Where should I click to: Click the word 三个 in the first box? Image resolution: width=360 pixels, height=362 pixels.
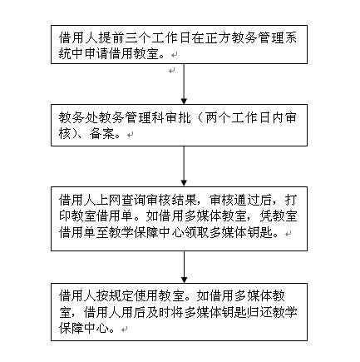[x=138, y=38]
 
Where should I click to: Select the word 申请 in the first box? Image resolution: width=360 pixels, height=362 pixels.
[x=98, y=54]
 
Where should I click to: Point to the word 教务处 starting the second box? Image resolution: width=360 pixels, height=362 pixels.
[x=78, y=118]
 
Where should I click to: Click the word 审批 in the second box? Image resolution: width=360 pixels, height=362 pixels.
[x=178, y=118]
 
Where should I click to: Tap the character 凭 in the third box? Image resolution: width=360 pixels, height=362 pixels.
[x=266, y=216]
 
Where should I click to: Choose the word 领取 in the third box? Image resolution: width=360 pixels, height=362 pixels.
[x=197, y=233]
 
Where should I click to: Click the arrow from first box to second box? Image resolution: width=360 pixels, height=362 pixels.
[x=184, y=84]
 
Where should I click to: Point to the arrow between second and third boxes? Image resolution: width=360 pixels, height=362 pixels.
[x=184, y=166]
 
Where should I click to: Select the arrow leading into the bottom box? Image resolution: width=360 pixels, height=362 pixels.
[x=184, y=267]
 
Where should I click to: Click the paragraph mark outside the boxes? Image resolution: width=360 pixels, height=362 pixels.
[x=172, y=71]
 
